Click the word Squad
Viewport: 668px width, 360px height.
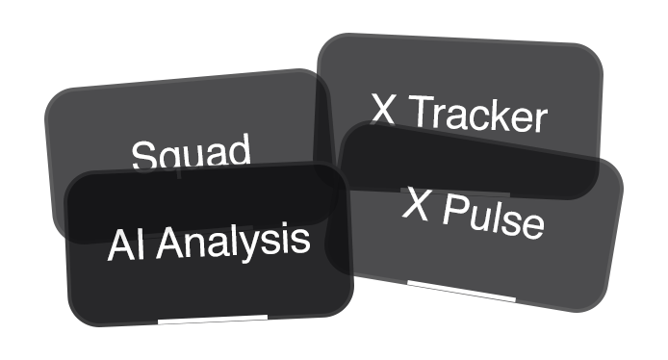(191, 155)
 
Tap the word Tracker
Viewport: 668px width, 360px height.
(477, 115)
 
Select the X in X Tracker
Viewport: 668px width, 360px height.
(384, 109)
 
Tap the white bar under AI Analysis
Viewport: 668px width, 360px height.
(212, 318)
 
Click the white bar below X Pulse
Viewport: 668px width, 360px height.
(448, 286)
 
